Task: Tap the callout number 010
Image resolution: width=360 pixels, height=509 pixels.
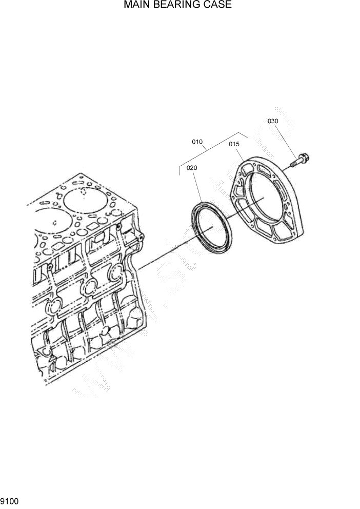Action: click(x=197, y=142)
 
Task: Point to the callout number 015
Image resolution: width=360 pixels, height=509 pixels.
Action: click(x=234, y=145)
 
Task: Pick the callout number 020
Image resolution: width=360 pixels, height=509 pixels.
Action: click(x=192, y=168)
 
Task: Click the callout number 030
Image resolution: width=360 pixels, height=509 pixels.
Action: click(x=273, y=121)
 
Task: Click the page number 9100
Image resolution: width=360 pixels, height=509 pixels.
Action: click(x=10, y=500)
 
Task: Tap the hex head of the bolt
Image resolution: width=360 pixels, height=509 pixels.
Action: click(x=302, y=156)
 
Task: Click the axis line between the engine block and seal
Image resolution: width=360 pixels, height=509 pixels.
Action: click(x=164, y=253)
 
